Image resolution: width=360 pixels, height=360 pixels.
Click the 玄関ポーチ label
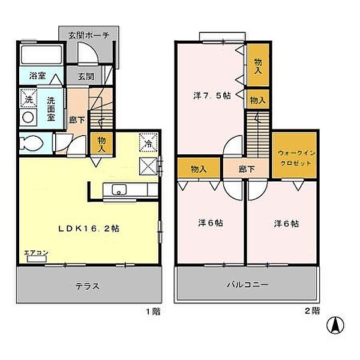[x=88, y=35]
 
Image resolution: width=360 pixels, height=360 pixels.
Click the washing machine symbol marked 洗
[x=28, y=97]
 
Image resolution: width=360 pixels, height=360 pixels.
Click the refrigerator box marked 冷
[x=148, y=143]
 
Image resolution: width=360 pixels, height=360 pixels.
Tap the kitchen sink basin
[x=119, y=191]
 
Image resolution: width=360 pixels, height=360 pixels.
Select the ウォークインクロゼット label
[x=293, y=158]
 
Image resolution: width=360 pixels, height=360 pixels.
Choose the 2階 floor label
[x=311, y=311]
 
